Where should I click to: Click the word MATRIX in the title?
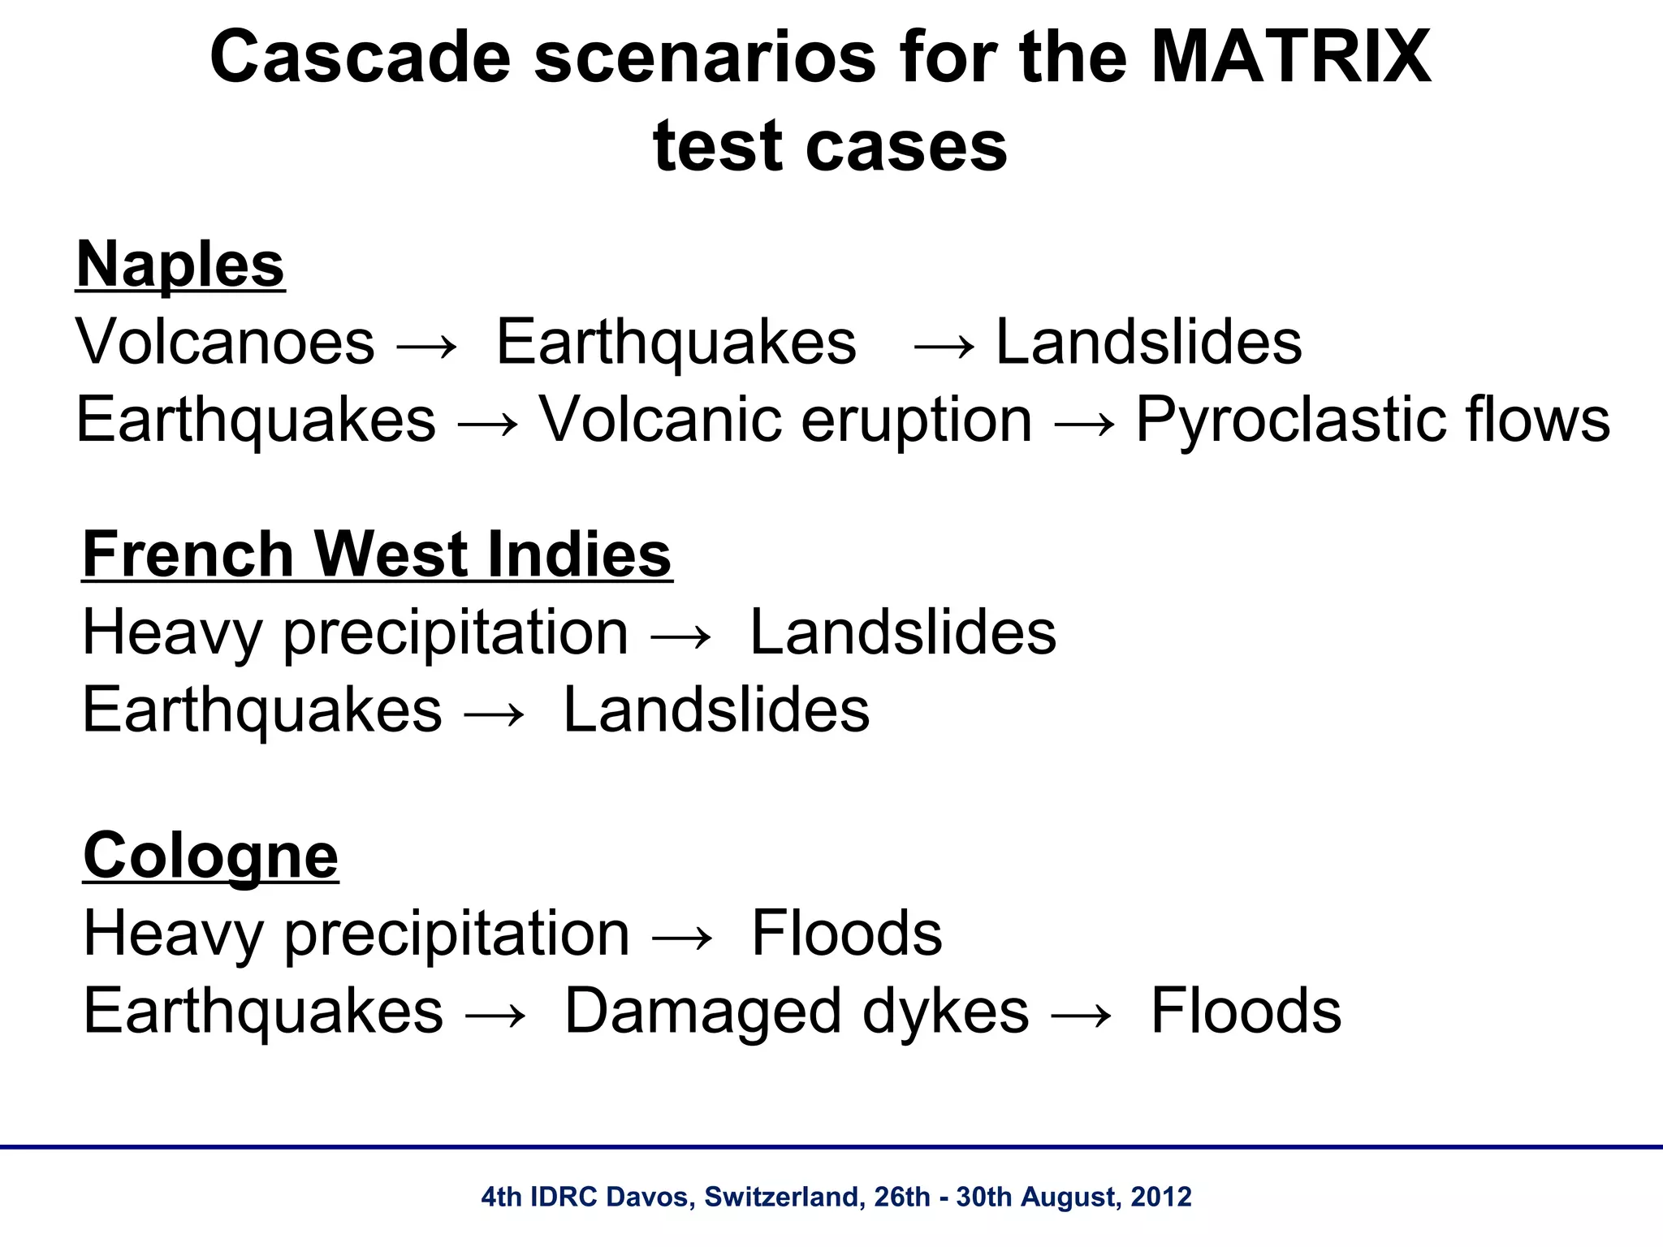click(1290, 57)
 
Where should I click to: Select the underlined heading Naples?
click(179, 264)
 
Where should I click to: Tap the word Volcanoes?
click(225, 342)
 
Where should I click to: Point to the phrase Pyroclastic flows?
click(1371, 420)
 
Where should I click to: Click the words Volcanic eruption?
click(785, 420)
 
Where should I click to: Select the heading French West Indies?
click(377, 554)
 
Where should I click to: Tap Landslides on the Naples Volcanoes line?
click(1148, 342)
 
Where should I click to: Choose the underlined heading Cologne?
click(210, 855)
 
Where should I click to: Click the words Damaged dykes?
click(796, 1011)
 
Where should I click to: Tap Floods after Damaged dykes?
click(1246, 1011)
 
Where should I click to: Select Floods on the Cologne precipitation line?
click(846, 933)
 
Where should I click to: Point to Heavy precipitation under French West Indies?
click(355, 632)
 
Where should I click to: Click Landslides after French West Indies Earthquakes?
click(715, 710)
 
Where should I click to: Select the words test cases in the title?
click(829, 146)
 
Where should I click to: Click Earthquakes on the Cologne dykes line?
click(263, 1011)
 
